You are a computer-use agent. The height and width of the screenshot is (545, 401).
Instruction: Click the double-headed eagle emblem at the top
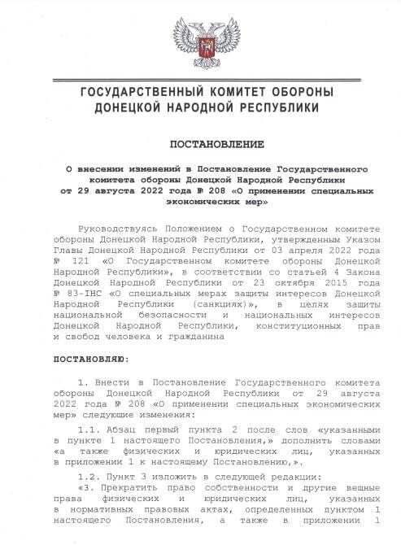[199, 40]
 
